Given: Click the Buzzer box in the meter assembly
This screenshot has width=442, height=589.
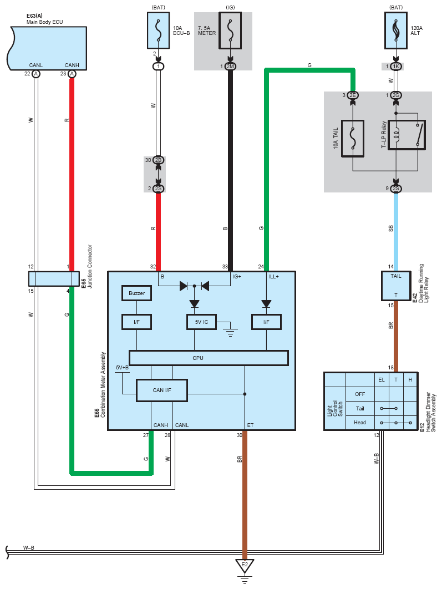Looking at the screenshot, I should point(136,293).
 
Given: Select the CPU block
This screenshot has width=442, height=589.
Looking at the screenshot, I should point(209,358).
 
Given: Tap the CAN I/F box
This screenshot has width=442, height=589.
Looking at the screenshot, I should point(162,390).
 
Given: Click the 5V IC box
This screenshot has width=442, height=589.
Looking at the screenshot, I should point(201,322).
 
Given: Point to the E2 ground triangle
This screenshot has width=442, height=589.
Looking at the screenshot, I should point(244,566).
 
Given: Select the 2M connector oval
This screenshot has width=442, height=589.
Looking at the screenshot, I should point(230,67).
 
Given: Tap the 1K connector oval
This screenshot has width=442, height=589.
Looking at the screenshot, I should point(396,67).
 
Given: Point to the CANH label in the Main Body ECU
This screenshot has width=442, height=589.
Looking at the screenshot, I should point(72,65).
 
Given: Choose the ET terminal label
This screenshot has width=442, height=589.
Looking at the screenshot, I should point(251,425).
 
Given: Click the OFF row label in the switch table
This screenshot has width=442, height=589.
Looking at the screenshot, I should point(359,394).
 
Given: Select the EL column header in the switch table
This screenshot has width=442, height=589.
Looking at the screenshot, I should point(382,379).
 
